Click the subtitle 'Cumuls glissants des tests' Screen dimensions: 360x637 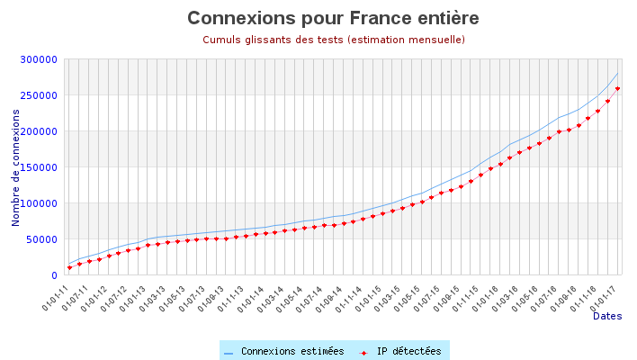pos(333,40)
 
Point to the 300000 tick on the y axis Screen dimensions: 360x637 pos(39,59)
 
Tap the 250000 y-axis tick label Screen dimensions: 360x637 pos(39,95)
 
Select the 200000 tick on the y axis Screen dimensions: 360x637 pos(39,131)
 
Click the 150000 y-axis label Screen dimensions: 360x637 pos(39,167)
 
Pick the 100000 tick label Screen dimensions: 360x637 pos(39,203)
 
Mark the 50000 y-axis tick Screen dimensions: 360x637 pos(41,239)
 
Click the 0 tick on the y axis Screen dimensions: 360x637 pos(55,275)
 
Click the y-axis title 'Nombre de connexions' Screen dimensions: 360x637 pos(16,167)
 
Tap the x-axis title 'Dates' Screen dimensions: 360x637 pos(606,317)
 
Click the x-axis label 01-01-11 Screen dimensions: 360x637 pos(56,296)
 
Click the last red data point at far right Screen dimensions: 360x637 pos(617,88)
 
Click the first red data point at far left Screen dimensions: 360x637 pos(69,267)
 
